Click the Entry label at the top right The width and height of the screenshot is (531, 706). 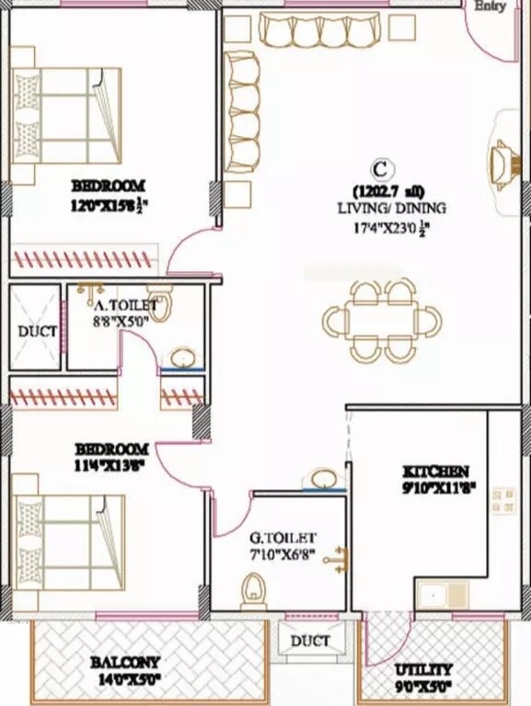click(x=491, y=6)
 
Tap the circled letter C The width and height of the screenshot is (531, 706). click(x=378, y=169)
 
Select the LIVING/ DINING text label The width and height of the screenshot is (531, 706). click(x=378, y=209)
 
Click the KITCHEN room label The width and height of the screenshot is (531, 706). click(x=435, y=472)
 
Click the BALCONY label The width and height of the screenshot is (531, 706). click(x=125, y=662)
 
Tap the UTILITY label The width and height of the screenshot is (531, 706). click(x=424, y=669)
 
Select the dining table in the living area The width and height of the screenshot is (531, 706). click(x=382, y=321)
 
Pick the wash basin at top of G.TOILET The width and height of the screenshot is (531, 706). click(x=323, y=480)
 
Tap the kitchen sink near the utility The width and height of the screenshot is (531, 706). click(x=441, y=595)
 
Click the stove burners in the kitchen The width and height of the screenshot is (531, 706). click(x=502, y=500)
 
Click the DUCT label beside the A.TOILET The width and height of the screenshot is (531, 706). click(x=37, y=332)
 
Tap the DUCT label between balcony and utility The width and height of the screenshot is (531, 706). click(x=310, y=641)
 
